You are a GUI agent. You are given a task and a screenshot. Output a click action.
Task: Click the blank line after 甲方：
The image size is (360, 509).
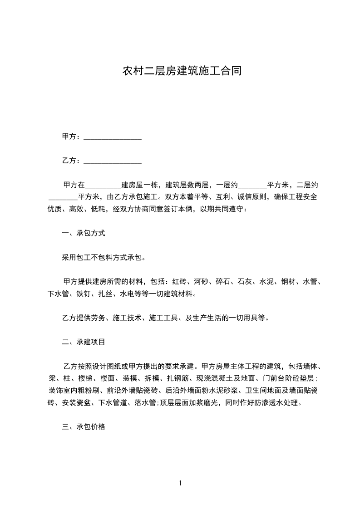113,137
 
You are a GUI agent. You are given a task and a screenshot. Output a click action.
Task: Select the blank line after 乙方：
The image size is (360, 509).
113,161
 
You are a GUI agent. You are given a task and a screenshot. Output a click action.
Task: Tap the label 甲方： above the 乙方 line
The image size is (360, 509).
72,137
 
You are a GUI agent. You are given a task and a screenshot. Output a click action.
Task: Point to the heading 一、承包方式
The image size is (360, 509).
84,234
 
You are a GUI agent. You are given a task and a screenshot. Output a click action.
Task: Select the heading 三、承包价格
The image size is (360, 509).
84,427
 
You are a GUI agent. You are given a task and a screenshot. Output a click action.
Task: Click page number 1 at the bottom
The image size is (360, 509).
180,484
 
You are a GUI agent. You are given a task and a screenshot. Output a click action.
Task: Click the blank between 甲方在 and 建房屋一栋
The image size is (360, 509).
104,185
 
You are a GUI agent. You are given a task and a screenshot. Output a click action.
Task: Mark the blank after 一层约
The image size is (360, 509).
252,185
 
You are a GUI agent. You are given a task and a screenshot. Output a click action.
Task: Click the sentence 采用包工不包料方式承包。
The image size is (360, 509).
104,258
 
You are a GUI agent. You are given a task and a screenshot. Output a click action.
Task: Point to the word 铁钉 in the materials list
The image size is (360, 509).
84,294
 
